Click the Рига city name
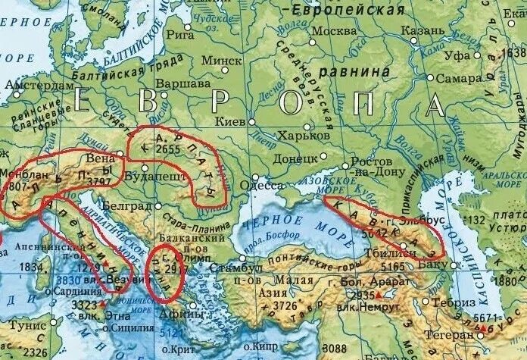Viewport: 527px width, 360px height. [x=179, y=33]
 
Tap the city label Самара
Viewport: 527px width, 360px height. [x=463, y=79]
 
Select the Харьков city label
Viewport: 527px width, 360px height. [x=304, y=134]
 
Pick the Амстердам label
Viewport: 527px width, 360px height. [x=37, y=85]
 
